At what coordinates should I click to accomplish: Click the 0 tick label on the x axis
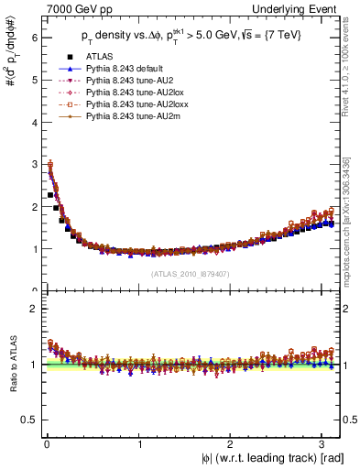coord(47,445)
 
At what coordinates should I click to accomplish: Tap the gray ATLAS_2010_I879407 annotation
coord(189,273)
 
